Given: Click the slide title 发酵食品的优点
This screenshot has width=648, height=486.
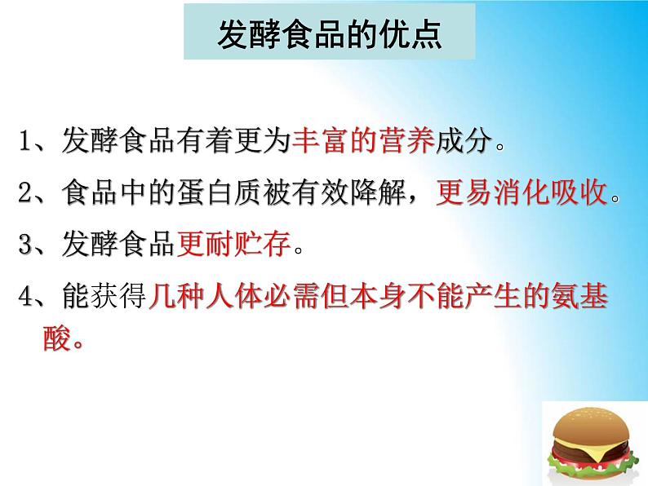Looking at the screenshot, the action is click(x=330, y=34).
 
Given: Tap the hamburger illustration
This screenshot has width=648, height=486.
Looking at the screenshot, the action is click(x=592, y=444).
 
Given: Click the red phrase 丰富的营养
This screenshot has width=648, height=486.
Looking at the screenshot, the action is click(x=364, y=141).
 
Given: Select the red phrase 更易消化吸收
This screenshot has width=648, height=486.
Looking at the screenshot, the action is click(x=522, y=192).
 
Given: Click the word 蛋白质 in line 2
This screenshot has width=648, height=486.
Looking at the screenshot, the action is click(x=220, y=192).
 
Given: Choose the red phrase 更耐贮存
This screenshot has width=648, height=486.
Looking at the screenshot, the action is click(x=234, y=244).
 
